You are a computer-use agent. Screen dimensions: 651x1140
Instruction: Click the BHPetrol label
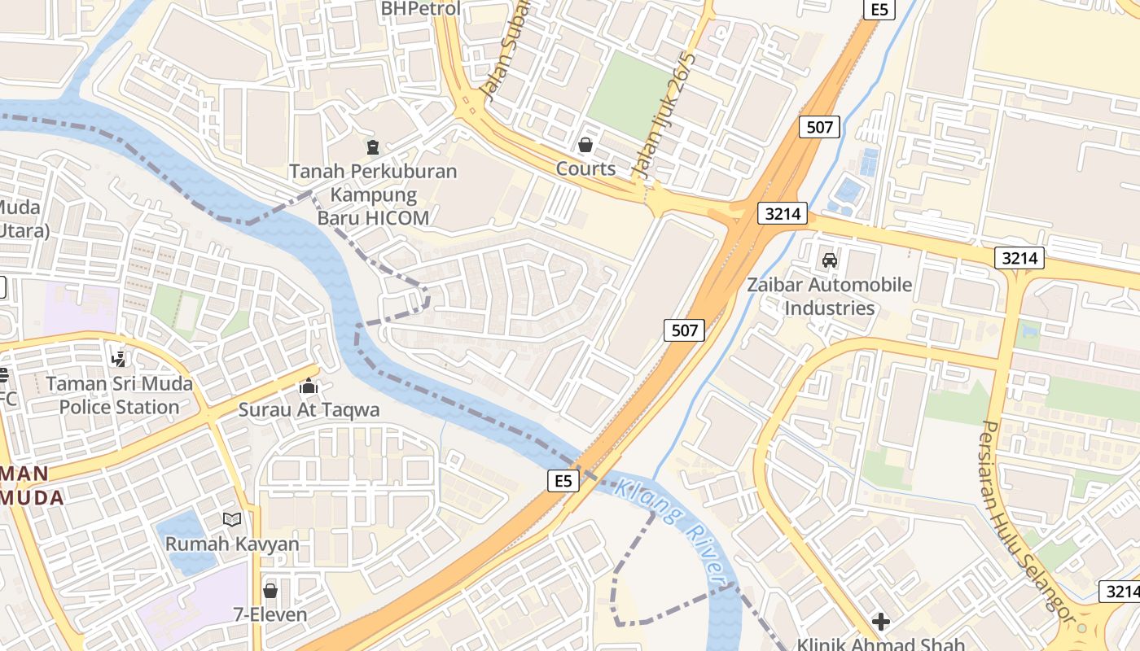point(421,9)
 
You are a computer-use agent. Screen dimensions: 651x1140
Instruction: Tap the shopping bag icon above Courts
point(585,146)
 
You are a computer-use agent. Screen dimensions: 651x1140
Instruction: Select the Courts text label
point(585,168)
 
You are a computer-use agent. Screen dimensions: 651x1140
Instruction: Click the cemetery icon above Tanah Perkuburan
point(373,147)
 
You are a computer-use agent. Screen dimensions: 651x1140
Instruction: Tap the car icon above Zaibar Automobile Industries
point(830,260)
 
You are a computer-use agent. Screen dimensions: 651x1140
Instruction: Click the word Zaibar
point(775,286)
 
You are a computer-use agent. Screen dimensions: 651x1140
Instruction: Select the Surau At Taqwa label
point(309,409)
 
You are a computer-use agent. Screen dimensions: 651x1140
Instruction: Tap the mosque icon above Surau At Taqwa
point(309,386)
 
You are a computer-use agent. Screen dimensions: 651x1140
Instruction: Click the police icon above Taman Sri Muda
point(119,358)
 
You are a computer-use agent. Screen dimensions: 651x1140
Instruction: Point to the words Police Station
point(119,407)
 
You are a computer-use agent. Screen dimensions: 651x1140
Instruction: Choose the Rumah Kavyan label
point(232,544)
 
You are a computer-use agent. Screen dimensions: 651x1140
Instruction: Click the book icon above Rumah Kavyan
point(232,519)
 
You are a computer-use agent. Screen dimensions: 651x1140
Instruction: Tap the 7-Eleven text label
point(270,614)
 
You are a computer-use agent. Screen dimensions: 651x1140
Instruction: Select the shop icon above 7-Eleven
point(270,591)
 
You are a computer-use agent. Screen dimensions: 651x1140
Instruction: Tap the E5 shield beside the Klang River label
point(563,481)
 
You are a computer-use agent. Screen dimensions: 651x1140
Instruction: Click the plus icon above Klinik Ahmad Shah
point(880,623)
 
